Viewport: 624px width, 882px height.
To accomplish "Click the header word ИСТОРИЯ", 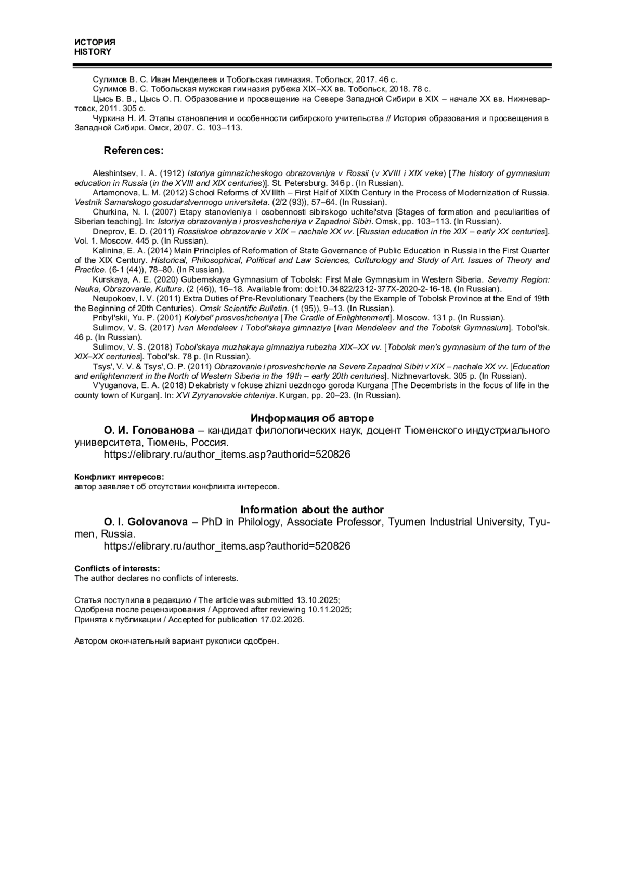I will (95, 42).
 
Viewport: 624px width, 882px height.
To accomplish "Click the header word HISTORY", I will (93, 52).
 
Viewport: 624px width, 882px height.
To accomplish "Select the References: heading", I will (134, 151).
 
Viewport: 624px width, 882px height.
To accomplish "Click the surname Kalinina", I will (108, 250).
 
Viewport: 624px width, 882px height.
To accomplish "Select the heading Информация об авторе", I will (312, 418).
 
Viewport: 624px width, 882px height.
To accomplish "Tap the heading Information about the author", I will (312, 510).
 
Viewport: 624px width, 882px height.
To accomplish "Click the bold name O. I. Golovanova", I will (146, 522).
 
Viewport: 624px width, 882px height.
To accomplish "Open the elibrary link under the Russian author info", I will (227, 455).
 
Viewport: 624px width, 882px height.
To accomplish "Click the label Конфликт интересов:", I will (119, 476).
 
